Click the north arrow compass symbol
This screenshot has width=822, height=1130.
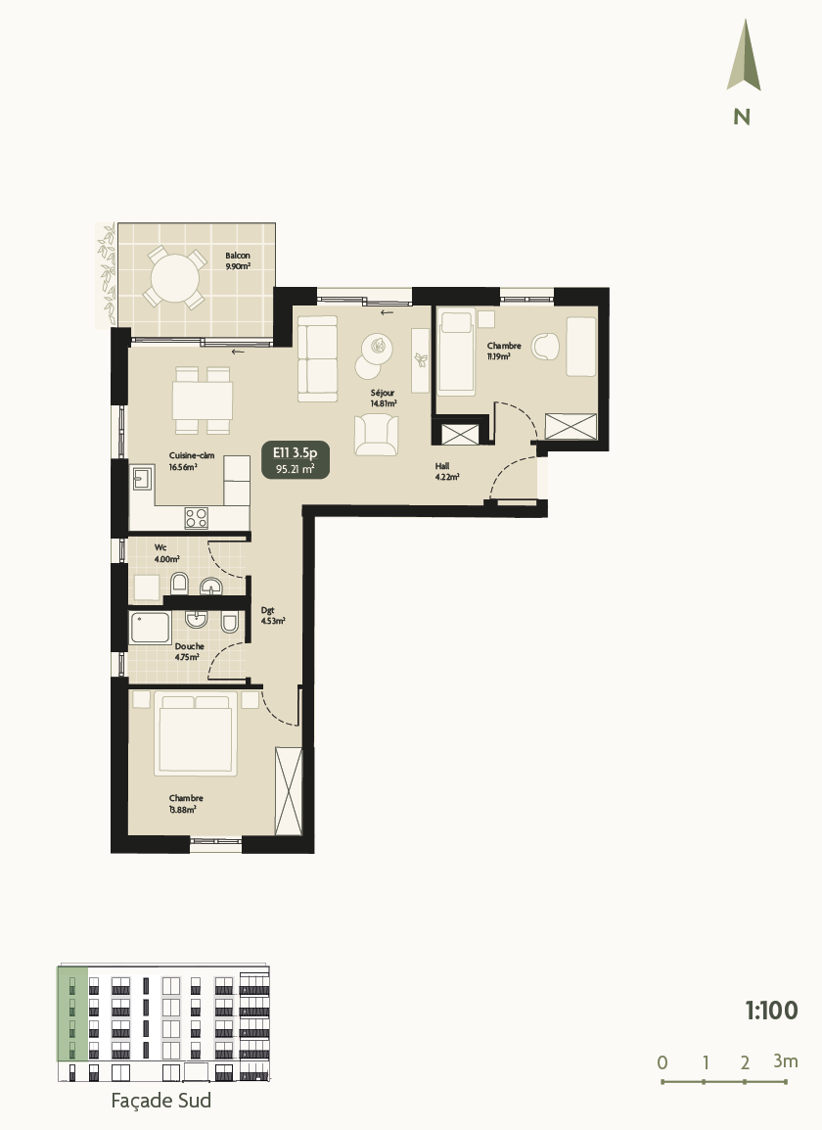[744, 59]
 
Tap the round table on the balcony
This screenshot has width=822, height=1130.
[174, 277]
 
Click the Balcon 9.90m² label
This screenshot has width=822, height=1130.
[238, 260]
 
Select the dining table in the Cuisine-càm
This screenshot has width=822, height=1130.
[203, 400]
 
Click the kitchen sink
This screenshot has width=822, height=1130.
[143, 479]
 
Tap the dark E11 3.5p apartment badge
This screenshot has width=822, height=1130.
[296, 459]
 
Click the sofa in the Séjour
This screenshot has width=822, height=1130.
[317, 358]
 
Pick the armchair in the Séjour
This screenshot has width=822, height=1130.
[377, 434]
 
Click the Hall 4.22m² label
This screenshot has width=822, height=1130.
[447, 472]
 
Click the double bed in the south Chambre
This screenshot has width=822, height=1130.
[196, 734]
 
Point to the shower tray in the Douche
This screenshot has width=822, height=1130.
[152, 628]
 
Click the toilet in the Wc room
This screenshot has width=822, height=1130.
[179, 586]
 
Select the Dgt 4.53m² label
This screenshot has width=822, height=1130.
[272, 615]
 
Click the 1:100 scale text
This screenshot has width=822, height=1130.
[771, 1011]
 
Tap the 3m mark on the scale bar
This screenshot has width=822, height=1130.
[785, 1061]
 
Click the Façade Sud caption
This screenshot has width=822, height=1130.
[162, 1101]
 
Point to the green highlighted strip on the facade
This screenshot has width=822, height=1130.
[71, 1012]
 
